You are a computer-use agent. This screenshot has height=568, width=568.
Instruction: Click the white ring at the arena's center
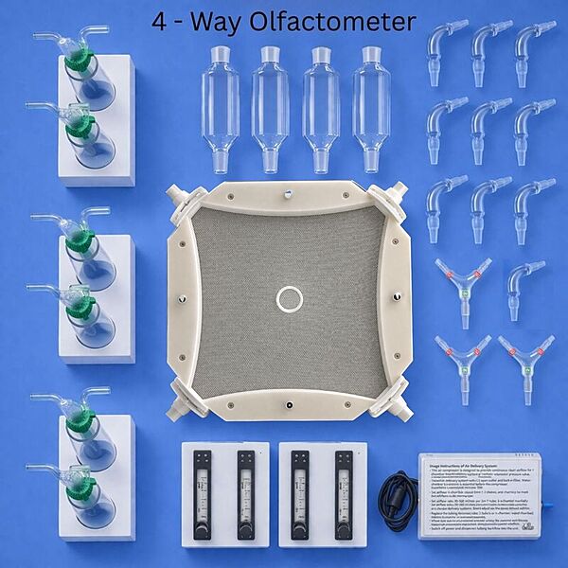[289, 300]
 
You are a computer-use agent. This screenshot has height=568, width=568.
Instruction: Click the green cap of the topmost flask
[80, 61]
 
